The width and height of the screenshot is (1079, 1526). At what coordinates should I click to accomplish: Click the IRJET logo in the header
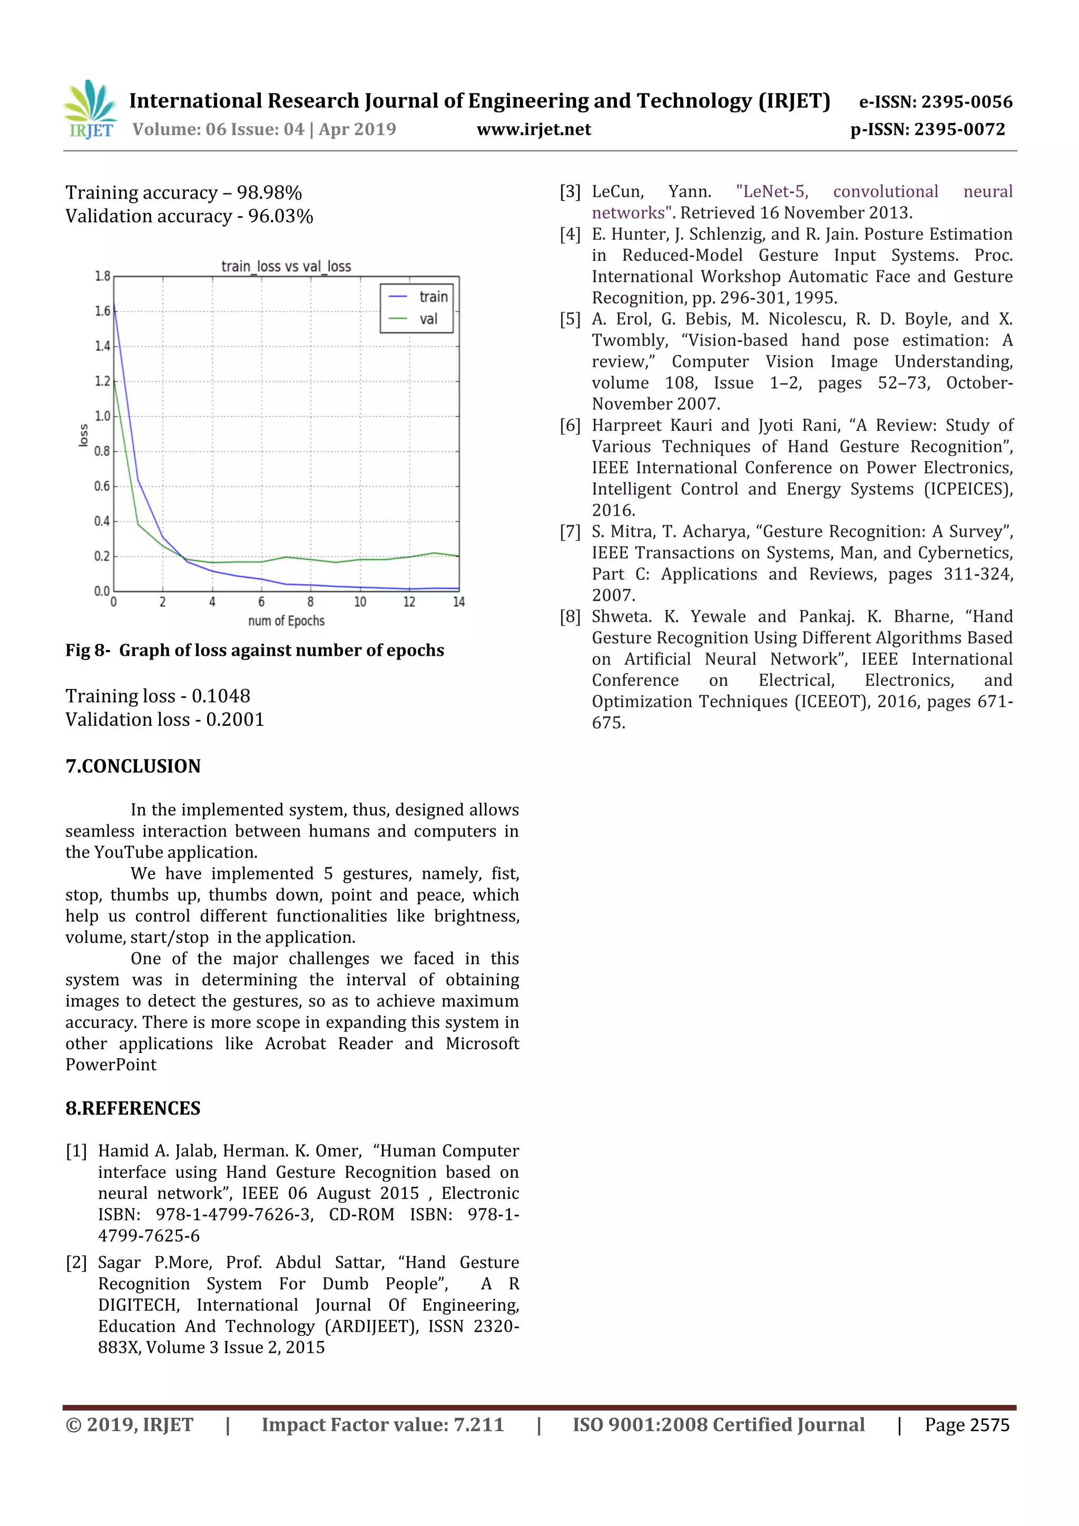[91, 110]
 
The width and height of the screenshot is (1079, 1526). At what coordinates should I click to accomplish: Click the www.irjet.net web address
[533, 130]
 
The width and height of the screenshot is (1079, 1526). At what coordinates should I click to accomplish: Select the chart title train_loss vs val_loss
[286, 267]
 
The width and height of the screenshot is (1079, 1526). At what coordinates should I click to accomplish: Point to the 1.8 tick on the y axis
[102, 276]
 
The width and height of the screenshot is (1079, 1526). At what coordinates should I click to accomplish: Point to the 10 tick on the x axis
[360, 602]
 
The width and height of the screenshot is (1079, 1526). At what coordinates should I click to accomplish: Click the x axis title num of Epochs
[286, 621]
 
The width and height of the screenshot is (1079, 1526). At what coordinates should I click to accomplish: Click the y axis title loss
[83, 435]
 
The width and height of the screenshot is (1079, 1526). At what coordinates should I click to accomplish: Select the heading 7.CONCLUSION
[133, 766]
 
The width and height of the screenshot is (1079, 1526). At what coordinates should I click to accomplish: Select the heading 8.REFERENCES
[133, 1109]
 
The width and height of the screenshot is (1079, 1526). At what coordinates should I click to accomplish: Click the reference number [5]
[570, 319]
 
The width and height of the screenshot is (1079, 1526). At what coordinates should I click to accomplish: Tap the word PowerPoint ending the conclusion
[111, 1065]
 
